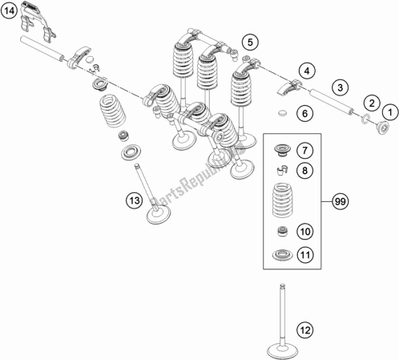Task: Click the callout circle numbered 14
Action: (x=9, y=11)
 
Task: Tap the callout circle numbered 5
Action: (x=250, y=42)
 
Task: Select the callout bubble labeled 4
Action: (x=307, y=71)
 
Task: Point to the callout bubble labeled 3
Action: (x=340, y=87)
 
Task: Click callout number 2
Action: (x=372, y=103)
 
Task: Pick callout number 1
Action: (x=390, y=112)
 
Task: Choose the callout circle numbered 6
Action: (x=304, y=113)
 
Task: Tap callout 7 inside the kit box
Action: (x=304, y=151)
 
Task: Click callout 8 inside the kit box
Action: (x=304, y=171)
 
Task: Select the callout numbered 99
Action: (x=341, y=201)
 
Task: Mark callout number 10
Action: (x=304, y=232)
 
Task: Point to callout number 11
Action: (x=304, y=255)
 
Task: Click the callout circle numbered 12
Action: (x=305, y=330)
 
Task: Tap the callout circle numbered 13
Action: (x=135, y=200)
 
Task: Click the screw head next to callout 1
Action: (x=382, y=127)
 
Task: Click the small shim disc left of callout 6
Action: (x=283, y=113)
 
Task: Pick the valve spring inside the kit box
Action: (x=282, y=200)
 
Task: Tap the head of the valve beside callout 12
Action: (x=282, y=351)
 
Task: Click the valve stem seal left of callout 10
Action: (x=283, y=231)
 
